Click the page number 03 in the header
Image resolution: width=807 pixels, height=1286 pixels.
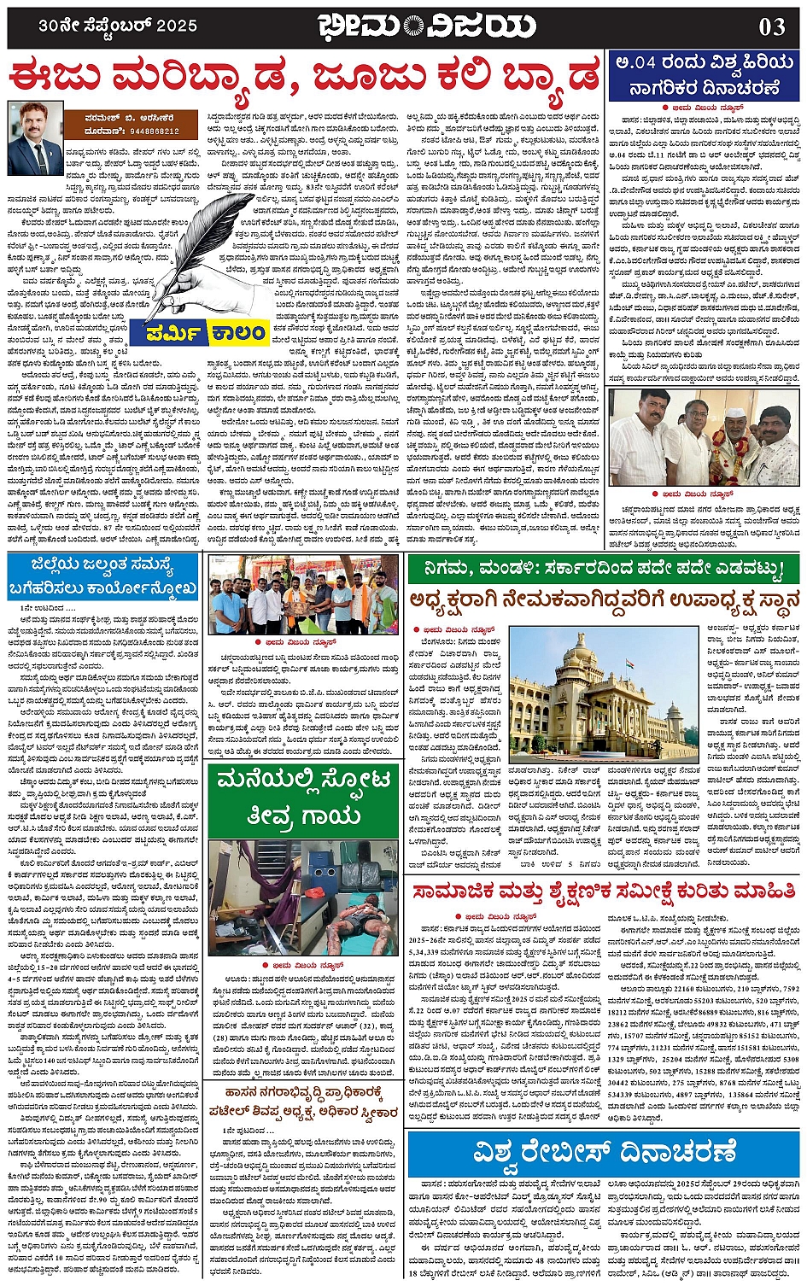[x=771, y=26]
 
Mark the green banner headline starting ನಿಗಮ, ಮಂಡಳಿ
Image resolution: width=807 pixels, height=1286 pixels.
[x=604, y=568]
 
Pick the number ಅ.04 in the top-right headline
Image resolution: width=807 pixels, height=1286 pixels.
[x=638, y=62]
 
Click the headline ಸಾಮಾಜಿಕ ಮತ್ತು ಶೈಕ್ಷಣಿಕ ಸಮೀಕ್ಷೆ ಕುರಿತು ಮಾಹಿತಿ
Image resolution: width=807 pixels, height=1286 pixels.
[x=604, y=892]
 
